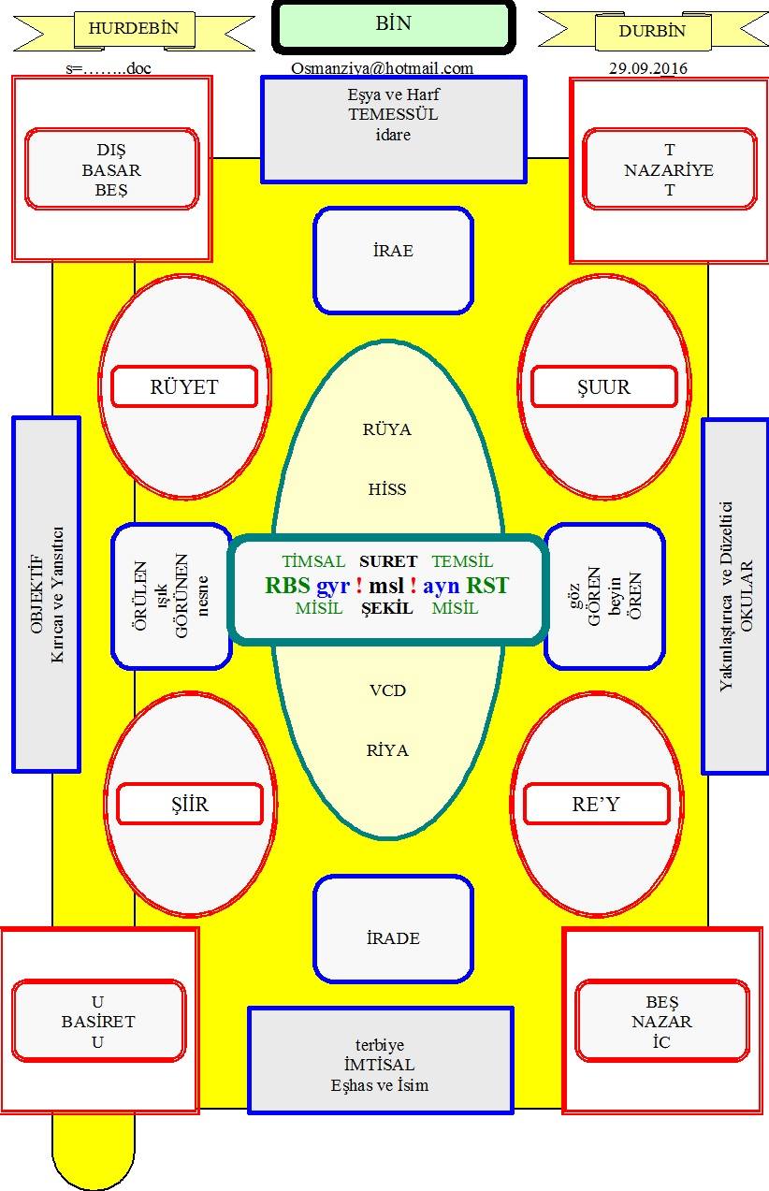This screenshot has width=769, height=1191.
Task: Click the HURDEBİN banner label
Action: click(x=134, y=28)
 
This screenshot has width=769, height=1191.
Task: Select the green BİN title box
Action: click(x=394, y=26)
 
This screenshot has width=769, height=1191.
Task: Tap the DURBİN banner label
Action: click(x=653, y=31)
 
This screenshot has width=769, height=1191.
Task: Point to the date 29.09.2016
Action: click(x=647, y=68)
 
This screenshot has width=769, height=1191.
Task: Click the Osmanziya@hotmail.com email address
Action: click(x=382, y=68)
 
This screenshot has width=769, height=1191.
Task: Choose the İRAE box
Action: click(x=393, y=260)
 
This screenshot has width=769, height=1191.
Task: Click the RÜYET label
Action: click(x=184, y=386)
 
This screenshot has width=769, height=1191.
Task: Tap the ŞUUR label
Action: click(x=604, y=386)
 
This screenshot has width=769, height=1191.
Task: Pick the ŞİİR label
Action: click(x=190, y=804)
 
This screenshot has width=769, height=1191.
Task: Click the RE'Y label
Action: click(x=596, y=804)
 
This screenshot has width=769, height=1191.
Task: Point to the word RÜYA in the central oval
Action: click(x=387, y=429)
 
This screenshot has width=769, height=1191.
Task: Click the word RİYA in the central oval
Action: click(x=387, y=750)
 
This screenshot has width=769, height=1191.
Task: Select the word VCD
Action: click(x=387, y=690)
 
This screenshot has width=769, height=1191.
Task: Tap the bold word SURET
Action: click(x=388, y=561)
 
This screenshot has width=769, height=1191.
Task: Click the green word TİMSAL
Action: click(x=313, y=561)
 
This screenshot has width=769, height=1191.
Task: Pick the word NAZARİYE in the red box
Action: click(x=669, y=170)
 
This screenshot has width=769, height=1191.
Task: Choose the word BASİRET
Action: click(x=98, y=1022)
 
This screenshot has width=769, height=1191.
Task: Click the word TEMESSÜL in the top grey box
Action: click(x=393, y=114)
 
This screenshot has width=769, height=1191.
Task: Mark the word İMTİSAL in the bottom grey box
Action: click(x=379, y=1065)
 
